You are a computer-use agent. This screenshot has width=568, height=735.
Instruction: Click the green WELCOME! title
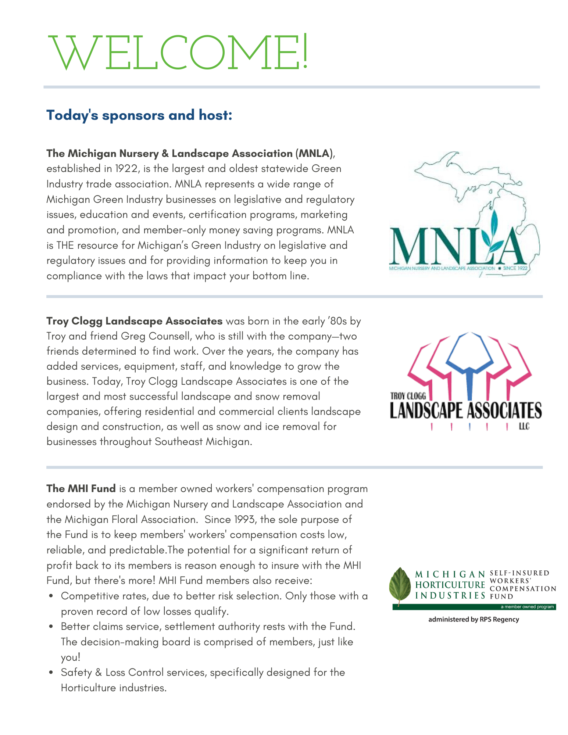[x=179, y=52]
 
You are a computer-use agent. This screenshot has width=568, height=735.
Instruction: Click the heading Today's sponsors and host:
[x=139, y=115]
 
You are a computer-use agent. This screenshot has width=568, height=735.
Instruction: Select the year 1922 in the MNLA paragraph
[x=127, y=169]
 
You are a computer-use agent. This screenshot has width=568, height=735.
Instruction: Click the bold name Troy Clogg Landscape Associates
[x=134, y=321]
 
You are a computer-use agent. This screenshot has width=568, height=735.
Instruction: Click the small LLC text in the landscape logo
[x=524, y=427]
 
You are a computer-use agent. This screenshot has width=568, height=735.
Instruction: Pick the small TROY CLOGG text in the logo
[x=408, y=396]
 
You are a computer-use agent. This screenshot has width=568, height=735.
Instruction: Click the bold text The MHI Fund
[x=81, y=489]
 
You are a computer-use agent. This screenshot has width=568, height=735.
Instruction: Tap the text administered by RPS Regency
[x=474, y=620]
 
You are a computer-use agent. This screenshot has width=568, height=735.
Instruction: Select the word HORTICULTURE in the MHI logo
[x=450, y=585]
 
